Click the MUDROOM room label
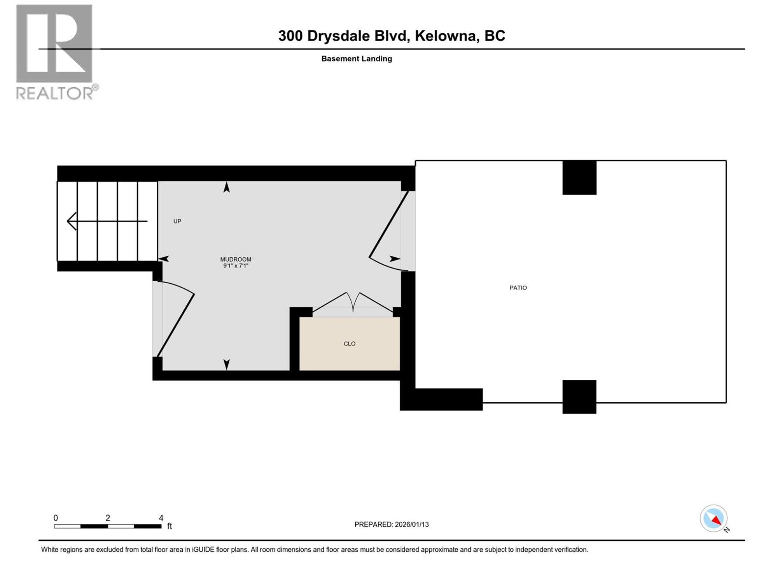[236, 259]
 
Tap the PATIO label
[518, 288]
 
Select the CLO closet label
[349, 343]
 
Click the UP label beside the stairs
[177, 221]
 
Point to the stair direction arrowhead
[72, 221]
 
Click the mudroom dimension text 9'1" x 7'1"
[236, 266]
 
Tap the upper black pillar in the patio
[579, 177]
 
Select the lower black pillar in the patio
[579, 396]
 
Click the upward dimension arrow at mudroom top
[226, 187]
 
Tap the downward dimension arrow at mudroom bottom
[226, 365]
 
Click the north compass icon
[714, 518]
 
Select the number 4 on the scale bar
[161, 518]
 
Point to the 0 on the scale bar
[56, 518]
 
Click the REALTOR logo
[55, 51]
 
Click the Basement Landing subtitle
[356, 59]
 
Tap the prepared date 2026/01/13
[412, 524]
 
